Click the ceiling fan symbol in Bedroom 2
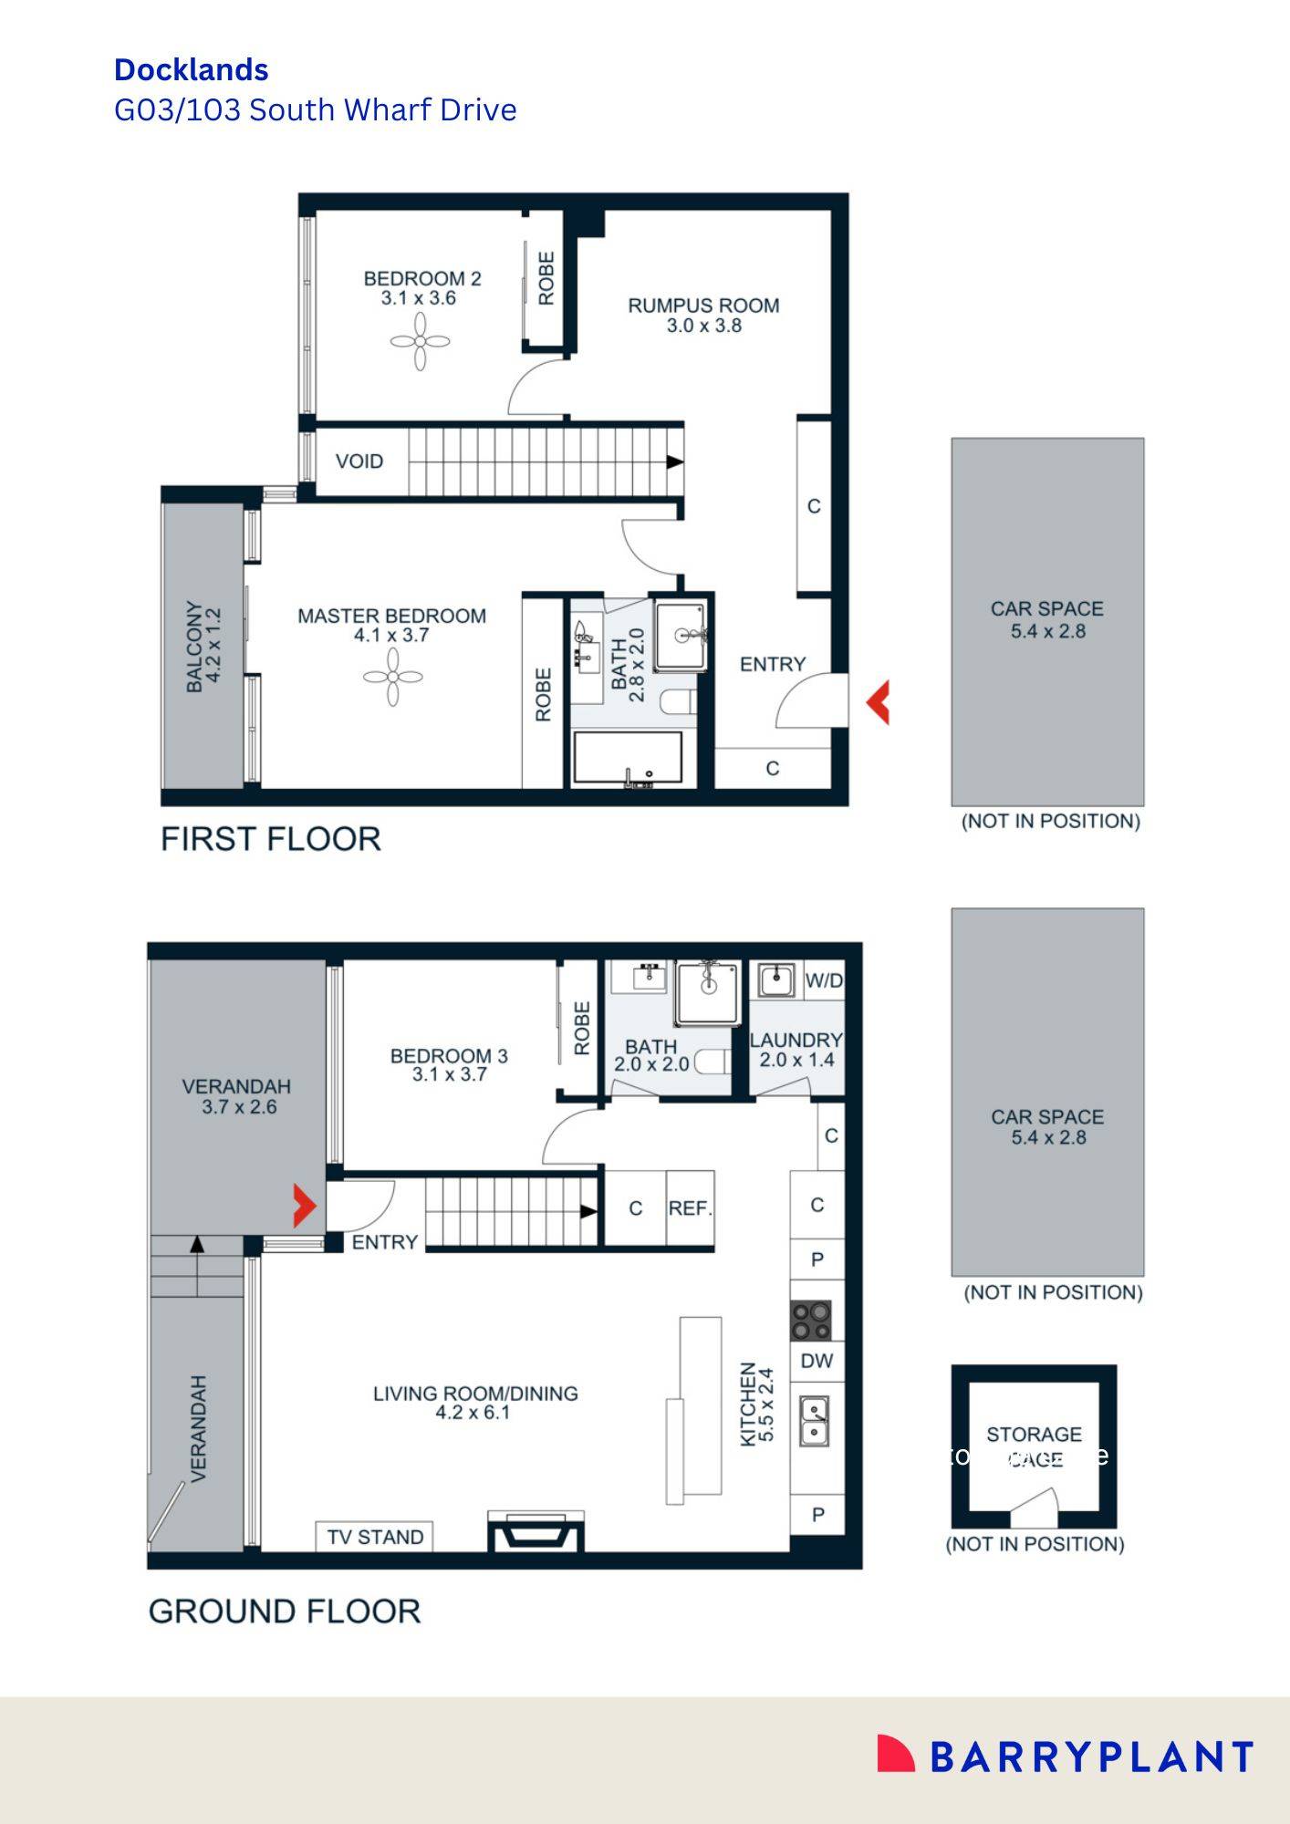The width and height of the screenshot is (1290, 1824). coord(420,342)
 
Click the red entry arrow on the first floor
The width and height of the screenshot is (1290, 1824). coord(878,702)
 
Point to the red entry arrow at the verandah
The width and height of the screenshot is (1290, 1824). coord(304,1206)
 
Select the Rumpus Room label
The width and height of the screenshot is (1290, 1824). coord(703,306)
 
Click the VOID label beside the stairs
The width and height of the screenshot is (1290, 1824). coord(359,461)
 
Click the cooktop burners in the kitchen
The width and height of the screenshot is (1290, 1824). coord(811,1320)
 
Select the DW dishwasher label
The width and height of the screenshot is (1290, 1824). coord(817,1362)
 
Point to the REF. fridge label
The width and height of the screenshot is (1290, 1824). coord(690,1208)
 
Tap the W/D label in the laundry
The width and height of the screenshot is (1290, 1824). coord(824,981)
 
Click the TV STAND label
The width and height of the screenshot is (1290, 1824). coord(375,1538)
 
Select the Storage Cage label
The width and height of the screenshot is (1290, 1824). coord(1034,1446)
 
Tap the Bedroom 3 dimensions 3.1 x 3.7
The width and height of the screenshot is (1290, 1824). coord(449,1075)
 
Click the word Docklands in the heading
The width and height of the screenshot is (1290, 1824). coord(191,70)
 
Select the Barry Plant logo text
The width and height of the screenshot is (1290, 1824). coord(1091,1757)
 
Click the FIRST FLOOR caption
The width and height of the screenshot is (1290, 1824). coord(270,839)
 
